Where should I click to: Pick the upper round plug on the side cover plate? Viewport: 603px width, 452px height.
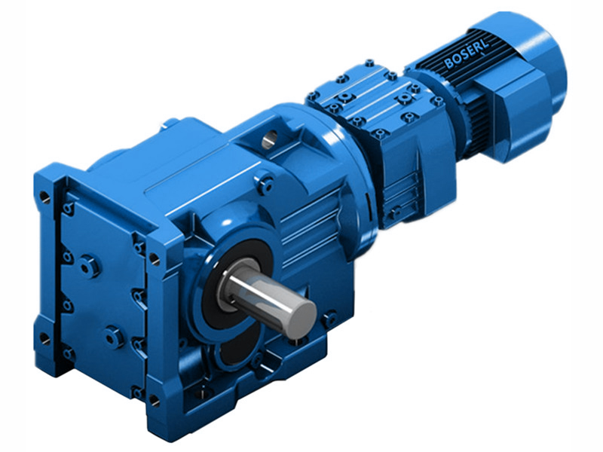(89, 266)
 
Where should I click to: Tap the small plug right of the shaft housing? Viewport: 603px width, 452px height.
(329, 319)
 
